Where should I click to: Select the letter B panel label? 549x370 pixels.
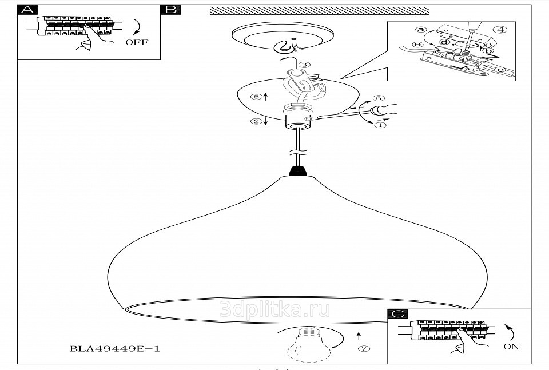click(170, 10)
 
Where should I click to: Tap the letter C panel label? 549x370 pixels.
click(398, 314)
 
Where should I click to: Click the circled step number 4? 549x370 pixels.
click(499, 30)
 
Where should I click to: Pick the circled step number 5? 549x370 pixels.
click(257, 97)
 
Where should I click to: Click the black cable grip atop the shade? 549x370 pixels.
click(297, 171)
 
